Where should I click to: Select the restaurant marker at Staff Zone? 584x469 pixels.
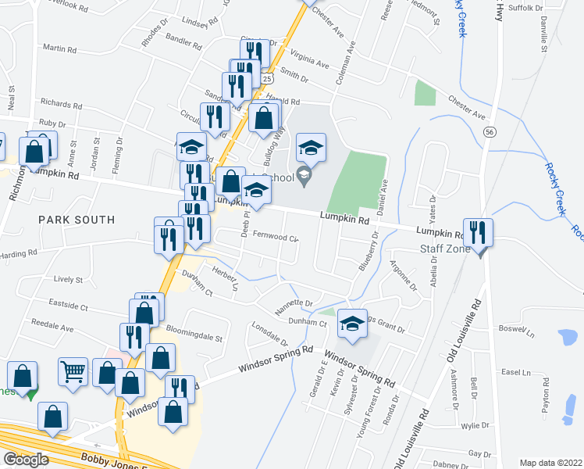coord(479,232)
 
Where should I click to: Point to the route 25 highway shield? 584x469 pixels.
coord(267,79)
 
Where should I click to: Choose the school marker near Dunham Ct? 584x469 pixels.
coord(353,324)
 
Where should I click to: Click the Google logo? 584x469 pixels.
coord(26,460)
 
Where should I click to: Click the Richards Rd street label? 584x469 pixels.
coord(61,104)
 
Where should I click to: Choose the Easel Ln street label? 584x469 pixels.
coord(516,372)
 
